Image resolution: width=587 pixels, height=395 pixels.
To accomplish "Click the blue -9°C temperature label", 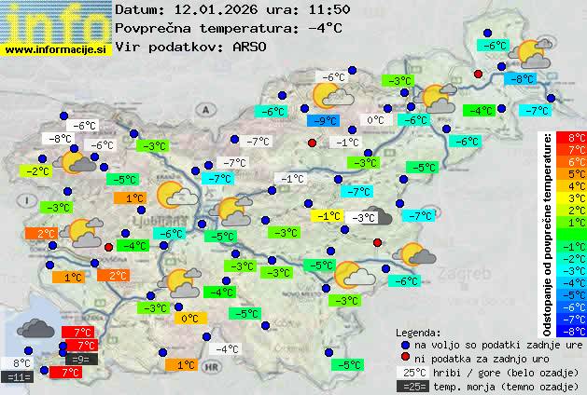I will click(322, 121).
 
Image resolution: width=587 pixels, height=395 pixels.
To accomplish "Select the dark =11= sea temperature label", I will click(18, 377).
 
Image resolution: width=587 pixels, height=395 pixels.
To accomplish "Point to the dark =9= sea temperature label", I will click(80, 359).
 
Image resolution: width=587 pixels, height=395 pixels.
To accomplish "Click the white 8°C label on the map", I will click(21, 363).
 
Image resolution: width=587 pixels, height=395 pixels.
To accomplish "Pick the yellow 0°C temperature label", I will click(189, 319).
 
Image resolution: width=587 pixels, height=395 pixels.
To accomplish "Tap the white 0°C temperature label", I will click(375, 120).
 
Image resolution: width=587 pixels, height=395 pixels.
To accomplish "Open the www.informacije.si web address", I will click(56, 48).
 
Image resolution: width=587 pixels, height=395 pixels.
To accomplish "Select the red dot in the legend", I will click(403, 358).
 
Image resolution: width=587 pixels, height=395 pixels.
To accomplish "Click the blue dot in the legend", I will click(403, 344).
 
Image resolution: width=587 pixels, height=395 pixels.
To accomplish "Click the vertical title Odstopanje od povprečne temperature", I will click(548, 233).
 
